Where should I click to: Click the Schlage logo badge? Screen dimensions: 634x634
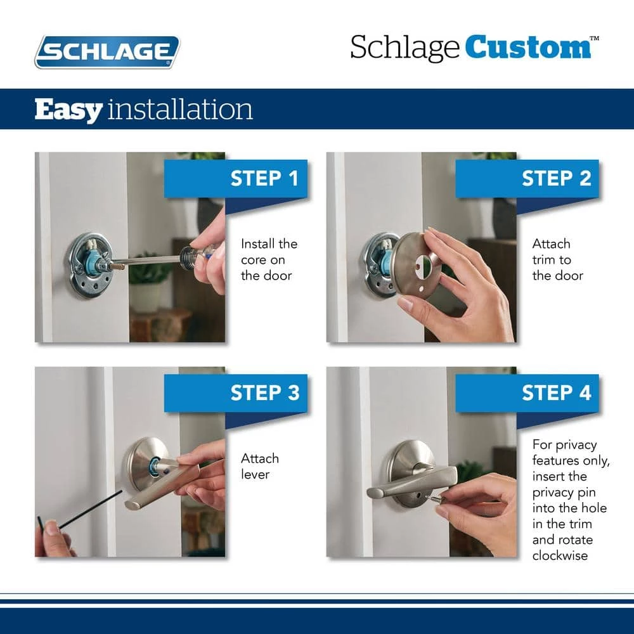pyautogui.click(x=107, y=52)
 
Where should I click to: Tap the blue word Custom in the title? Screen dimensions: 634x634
pyautogui.click(x=528, y=48)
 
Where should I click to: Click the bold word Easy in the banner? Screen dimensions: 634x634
pyautogui.click(x=68, y=110)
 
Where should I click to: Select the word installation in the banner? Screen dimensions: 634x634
pyautogui.click(x=180, y=109)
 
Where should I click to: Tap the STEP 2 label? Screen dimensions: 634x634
pyautogui.click(x=557, y=178)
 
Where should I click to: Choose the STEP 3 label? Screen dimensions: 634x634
pyautogui.click(x=265, y=392)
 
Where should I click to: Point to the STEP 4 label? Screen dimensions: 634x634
pyautogui.click(x=557, y=392)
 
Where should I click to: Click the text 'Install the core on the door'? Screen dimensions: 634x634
pyautogui.click(x=269, y=259)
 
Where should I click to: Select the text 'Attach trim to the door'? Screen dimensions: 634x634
pyautogui.click(x=557, y=259)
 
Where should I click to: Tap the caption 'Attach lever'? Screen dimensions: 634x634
pyautogui.click(x=259, y=466)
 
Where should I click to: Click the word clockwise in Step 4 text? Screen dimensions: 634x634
pyautogui.click(x=560, y=555)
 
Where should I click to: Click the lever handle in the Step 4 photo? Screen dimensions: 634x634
pyautogui.click(x=413, y=483)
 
